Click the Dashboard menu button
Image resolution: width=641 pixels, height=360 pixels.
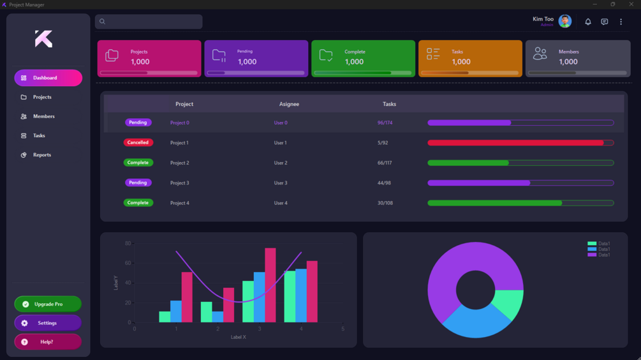48,78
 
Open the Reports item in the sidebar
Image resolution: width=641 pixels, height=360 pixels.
41,155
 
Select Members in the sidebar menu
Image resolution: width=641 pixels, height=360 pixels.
43,117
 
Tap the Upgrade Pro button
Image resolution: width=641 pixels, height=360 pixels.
48,304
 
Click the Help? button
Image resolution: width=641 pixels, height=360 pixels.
48,342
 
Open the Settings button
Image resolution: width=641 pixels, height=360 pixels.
48,323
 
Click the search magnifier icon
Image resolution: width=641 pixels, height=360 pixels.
102,22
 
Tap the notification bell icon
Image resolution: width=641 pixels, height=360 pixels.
588,22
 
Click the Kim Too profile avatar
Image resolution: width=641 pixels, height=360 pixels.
565,21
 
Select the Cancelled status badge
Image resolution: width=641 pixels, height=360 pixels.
138,143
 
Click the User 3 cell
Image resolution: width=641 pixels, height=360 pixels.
281,183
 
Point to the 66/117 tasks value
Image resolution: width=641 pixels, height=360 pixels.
385,163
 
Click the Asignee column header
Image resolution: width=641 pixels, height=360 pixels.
289,104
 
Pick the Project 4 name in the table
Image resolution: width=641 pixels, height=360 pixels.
180,203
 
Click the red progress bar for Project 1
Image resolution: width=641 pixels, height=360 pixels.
515,143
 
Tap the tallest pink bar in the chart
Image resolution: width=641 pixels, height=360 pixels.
270,285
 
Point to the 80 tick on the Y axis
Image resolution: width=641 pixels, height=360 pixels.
128,243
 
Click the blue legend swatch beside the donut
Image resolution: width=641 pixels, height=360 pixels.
592,249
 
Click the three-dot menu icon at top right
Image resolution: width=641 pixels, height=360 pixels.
621,22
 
